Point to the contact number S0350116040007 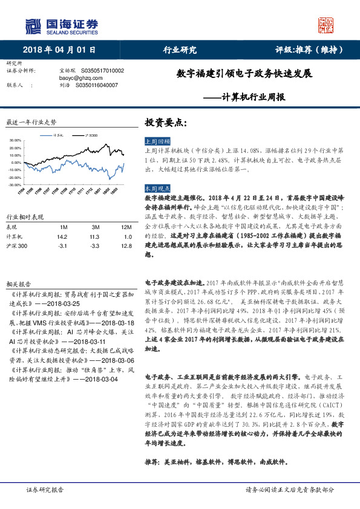tap(97, 85)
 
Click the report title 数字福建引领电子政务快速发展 tap(244, 74)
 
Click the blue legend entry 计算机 tap(58, 135)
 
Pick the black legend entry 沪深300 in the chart tap(91, 135)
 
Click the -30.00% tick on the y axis tap(15, 184)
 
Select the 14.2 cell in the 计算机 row tap(61, 237)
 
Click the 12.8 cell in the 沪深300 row tap(126, 247)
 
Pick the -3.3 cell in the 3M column tap(94, 247)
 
